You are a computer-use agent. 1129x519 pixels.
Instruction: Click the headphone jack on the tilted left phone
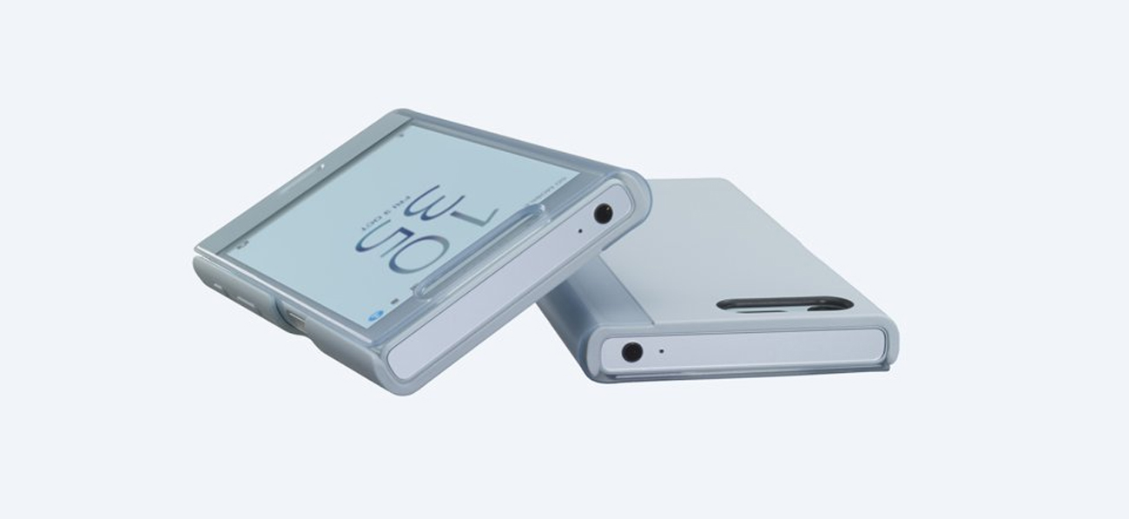click(602, 212)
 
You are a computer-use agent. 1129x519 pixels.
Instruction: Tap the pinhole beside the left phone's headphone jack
click(580, 231)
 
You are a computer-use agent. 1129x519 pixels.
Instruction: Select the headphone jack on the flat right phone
click(632, 352)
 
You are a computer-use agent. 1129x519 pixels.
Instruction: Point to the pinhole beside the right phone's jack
click(662, 352)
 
